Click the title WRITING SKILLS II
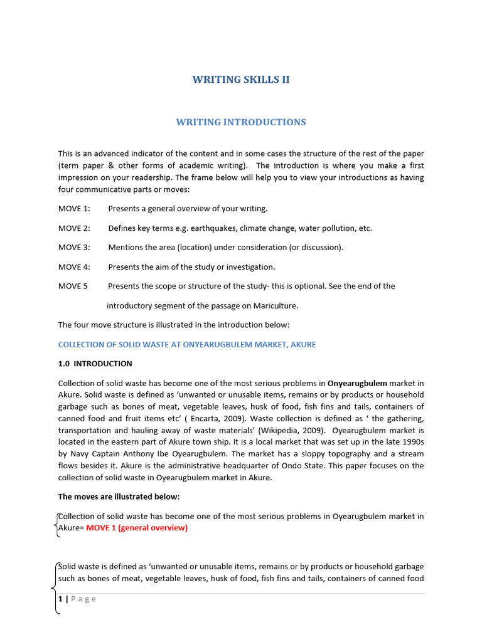(x=241, y=80)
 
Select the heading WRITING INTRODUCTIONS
(x=241, y=122)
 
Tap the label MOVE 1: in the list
(x=74, y=208)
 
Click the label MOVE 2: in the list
(x=74, y=228)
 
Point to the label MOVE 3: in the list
(x=74, y=247)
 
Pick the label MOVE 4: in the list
(x=74, y=267)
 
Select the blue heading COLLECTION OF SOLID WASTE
(x=187, y=345)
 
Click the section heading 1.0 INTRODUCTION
(x=95, y=364)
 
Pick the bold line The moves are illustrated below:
(x=119, y=497)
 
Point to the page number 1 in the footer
(x=60, y=599)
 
